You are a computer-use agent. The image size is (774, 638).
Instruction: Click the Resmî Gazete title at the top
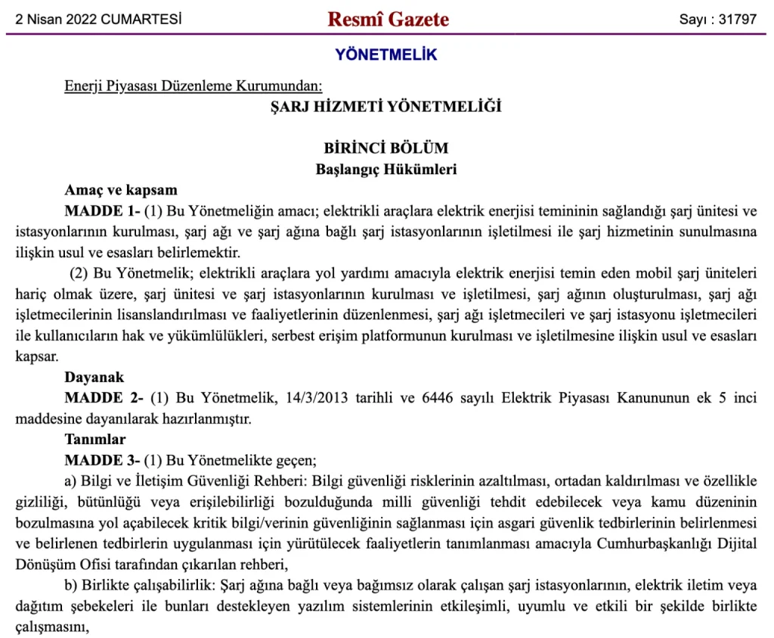pyautogui.click(x=388, y=19)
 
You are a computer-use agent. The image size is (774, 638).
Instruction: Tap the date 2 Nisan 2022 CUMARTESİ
pyautogui.click(x=98, y=20)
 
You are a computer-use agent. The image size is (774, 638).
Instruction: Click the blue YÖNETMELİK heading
pyautogui.click(x=386, y=54)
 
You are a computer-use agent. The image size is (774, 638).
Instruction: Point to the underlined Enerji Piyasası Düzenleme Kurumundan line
pyautogui.click(x=193, y=86)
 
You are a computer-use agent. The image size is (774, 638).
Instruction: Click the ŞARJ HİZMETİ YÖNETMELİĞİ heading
pyautogui.click(x=386, y=107)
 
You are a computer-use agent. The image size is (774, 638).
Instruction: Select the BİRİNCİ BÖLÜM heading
pyautogui.click(x=386, y=148)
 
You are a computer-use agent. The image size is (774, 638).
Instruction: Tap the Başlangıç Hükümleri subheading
pyautogui.click(x=386, y=170)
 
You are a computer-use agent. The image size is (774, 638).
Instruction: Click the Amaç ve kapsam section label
pyautogui.click(x=121, y=189)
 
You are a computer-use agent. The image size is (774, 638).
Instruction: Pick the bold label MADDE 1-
pyautogui.click(x=102, y=210)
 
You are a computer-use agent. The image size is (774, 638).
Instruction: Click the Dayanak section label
pyautogui.click(x=94, y=376)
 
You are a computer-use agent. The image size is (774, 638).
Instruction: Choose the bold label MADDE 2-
pyautogui.click(x=104, y=397)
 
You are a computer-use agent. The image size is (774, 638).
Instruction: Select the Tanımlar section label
pyautogui.click(x=95, y=439)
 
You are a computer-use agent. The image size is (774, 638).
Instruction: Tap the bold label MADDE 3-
pyautogui.click(x=102, y=459)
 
